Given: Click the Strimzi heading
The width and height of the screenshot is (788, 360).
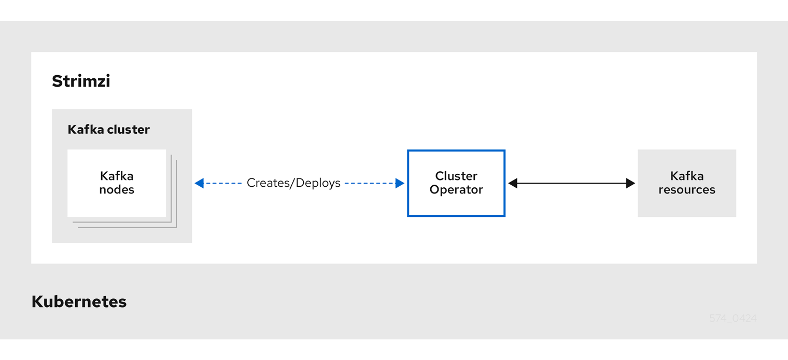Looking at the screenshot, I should point(81,81).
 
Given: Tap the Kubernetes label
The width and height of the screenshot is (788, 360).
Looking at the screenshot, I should point(79,301).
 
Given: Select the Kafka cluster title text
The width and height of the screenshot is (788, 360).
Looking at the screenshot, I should point(108,130).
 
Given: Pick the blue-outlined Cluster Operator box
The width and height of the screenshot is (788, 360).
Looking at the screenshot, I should point(456,183).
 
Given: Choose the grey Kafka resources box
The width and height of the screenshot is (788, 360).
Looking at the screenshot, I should point(686,183).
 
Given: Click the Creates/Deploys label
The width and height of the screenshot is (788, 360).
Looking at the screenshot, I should point(293,183).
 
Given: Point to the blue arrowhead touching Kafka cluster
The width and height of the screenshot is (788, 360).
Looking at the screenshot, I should point(199,183).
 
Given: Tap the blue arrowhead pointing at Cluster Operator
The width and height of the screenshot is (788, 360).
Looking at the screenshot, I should point(400,183).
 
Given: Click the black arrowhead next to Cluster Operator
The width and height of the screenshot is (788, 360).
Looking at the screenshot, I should point(513,183).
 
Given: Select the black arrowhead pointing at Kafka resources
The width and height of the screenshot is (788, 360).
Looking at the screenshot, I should point(630,183).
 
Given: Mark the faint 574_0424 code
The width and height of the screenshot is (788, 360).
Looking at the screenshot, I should point(733,319).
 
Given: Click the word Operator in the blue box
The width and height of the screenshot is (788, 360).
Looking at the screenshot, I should point(456,190).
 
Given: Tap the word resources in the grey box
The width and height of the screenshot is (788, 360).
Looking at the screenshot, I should point(686,190).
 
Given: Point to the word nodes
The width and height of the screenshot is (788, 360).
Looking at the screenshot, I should point(117,190).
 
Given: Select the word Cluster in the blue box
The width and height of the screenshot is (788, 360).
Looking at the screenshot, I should point(456,176).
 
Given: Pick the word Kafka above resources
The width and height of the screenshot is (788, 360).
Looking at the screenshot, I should point(686,176).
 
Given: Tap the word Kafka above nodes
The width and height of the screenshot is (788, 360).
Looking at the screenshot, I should point(117,176).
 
